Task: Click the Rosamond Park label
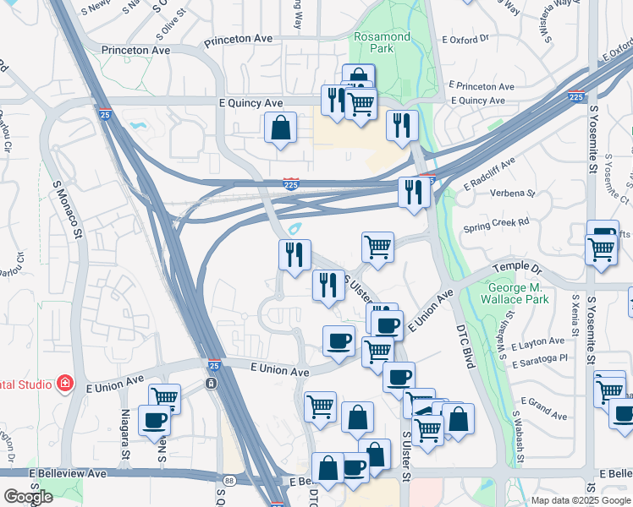383,42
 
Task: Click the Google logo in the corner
28,497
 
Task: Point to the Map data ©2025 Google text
580,500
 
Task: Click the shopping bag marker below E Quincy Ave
280,128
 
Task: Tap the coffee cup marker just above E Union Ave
339,341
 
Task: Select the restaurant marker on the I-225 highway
414,191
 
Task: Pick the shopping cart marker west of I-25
164,396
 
